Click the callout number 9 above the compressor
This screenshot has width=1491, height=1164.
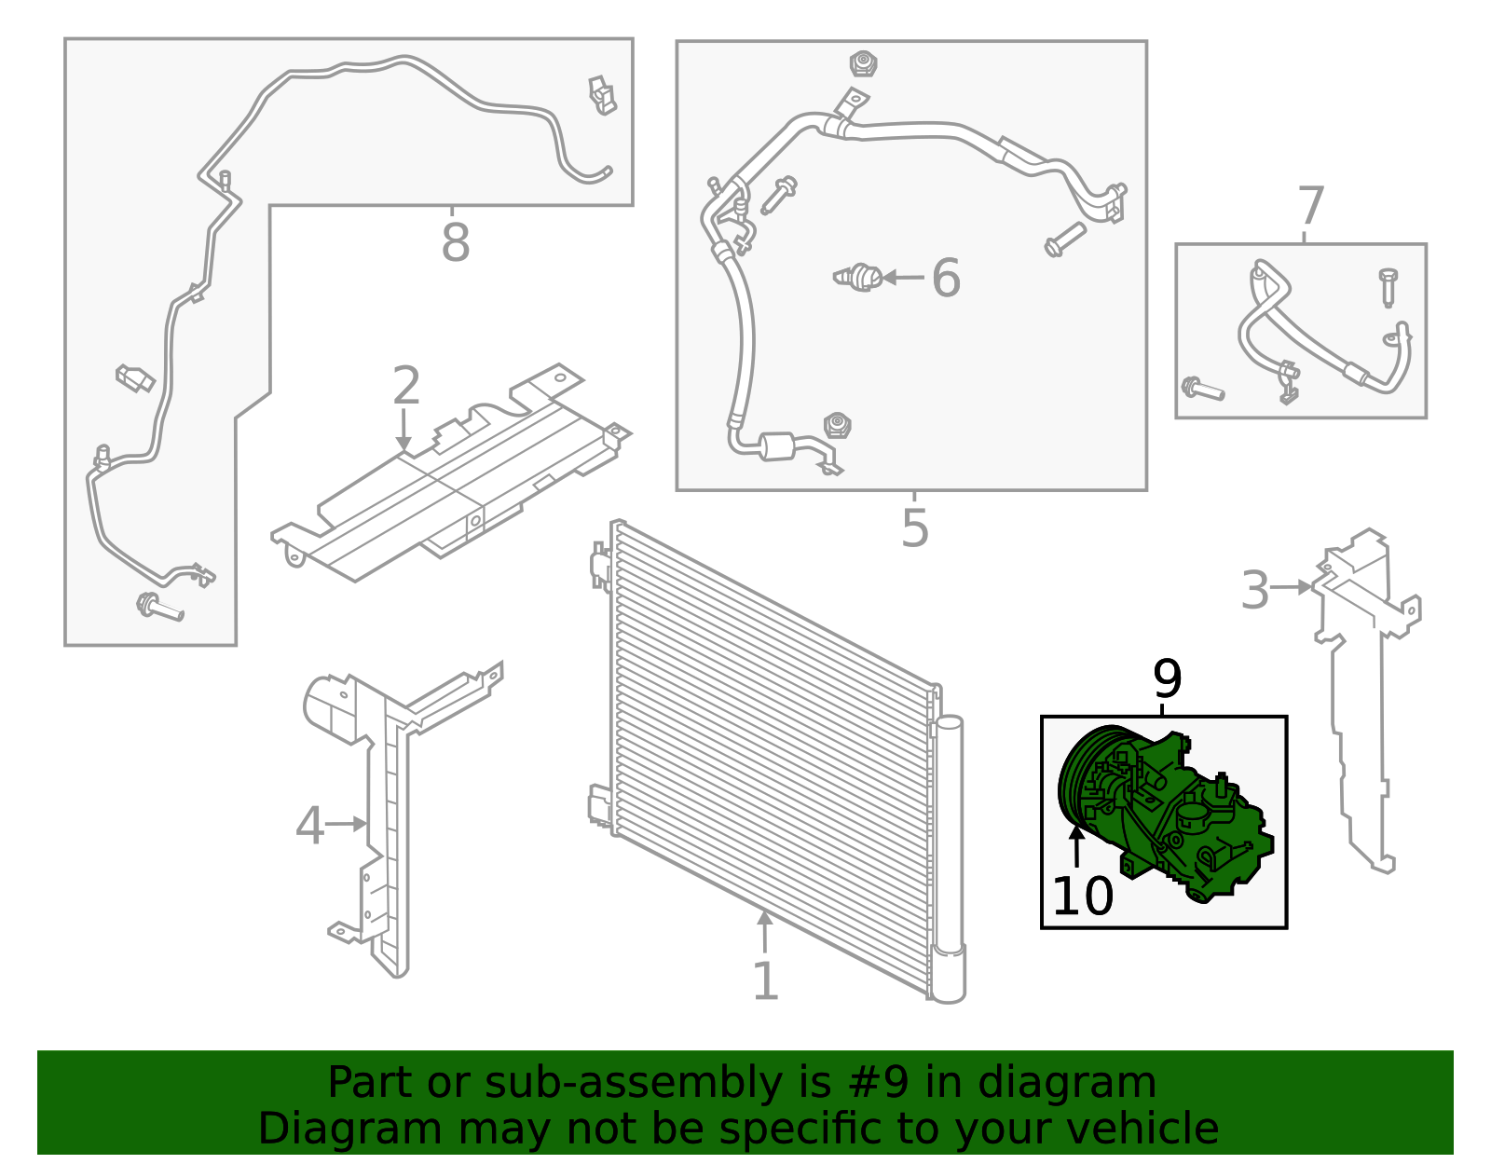point(1167,679)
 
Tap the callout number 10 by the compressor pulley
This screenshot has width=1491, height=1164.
point(1082,897)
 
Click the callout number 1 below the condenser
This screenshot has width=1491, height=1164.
point(765,981)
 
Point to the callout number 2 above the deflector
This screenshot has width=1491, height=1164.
point(406,385)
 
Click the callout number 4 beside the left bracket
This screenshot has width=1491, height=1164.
point(309,826)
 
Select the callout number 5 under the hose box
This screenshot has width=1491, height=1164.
point(914,528)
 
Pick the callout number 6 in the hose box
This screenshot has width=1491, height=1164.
point(946,278)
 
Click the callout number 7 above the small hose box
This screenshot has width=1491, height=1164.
point(1310,206)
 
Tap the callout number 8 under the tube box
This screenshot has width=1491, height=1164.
point(455,243)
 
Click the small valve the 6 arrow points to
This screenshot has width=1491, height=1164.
point(859,278)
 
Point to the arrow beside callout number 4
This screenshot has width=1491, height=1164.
point(347,824)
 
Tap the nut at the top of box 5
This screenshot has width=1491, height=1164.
point(864,64)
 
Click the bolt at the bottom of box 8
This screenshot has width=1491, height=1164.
point(160,608)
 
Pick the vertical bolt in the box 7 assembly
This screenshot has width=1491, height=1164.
point(1388,287)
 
